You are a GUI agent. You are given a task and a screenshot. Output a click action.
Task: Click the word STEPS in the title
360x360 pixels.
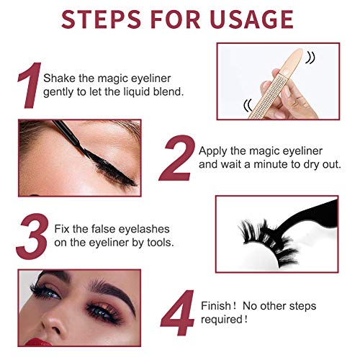click(x=101, y=19)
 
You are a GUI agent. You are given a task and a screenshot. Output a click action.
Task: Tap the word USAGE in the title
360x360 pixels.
click(x=252, y=19)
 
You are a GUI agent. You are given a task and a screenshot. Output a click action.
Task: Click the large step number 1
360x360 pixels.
click(x=30, y=85)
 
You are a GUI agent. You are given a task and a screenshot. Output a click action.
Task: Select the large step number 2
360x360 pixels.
click(x=177, y=158)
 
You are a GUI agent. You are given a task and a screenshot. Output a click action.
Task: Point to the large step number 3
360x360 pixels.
click(x=32, y=237)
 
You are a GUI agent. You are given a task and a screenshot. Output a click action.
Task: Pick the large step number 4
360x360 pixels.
click(x=178, y=312)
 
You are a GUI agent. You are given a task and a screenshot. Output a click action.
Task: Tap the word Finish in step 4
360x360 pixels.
click(x=216, y=306)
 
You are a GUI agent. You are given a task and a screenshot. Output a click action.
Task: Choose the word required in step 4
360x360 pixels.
click(x=222, y=320)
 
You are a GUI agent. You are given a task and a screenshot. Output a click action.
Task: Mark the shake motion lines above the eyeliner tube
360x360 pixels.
click(x=310, y=58)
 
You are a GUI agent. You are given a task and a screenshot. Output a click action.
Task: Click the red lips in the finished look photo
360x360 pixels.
click(x=37, y=342)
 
